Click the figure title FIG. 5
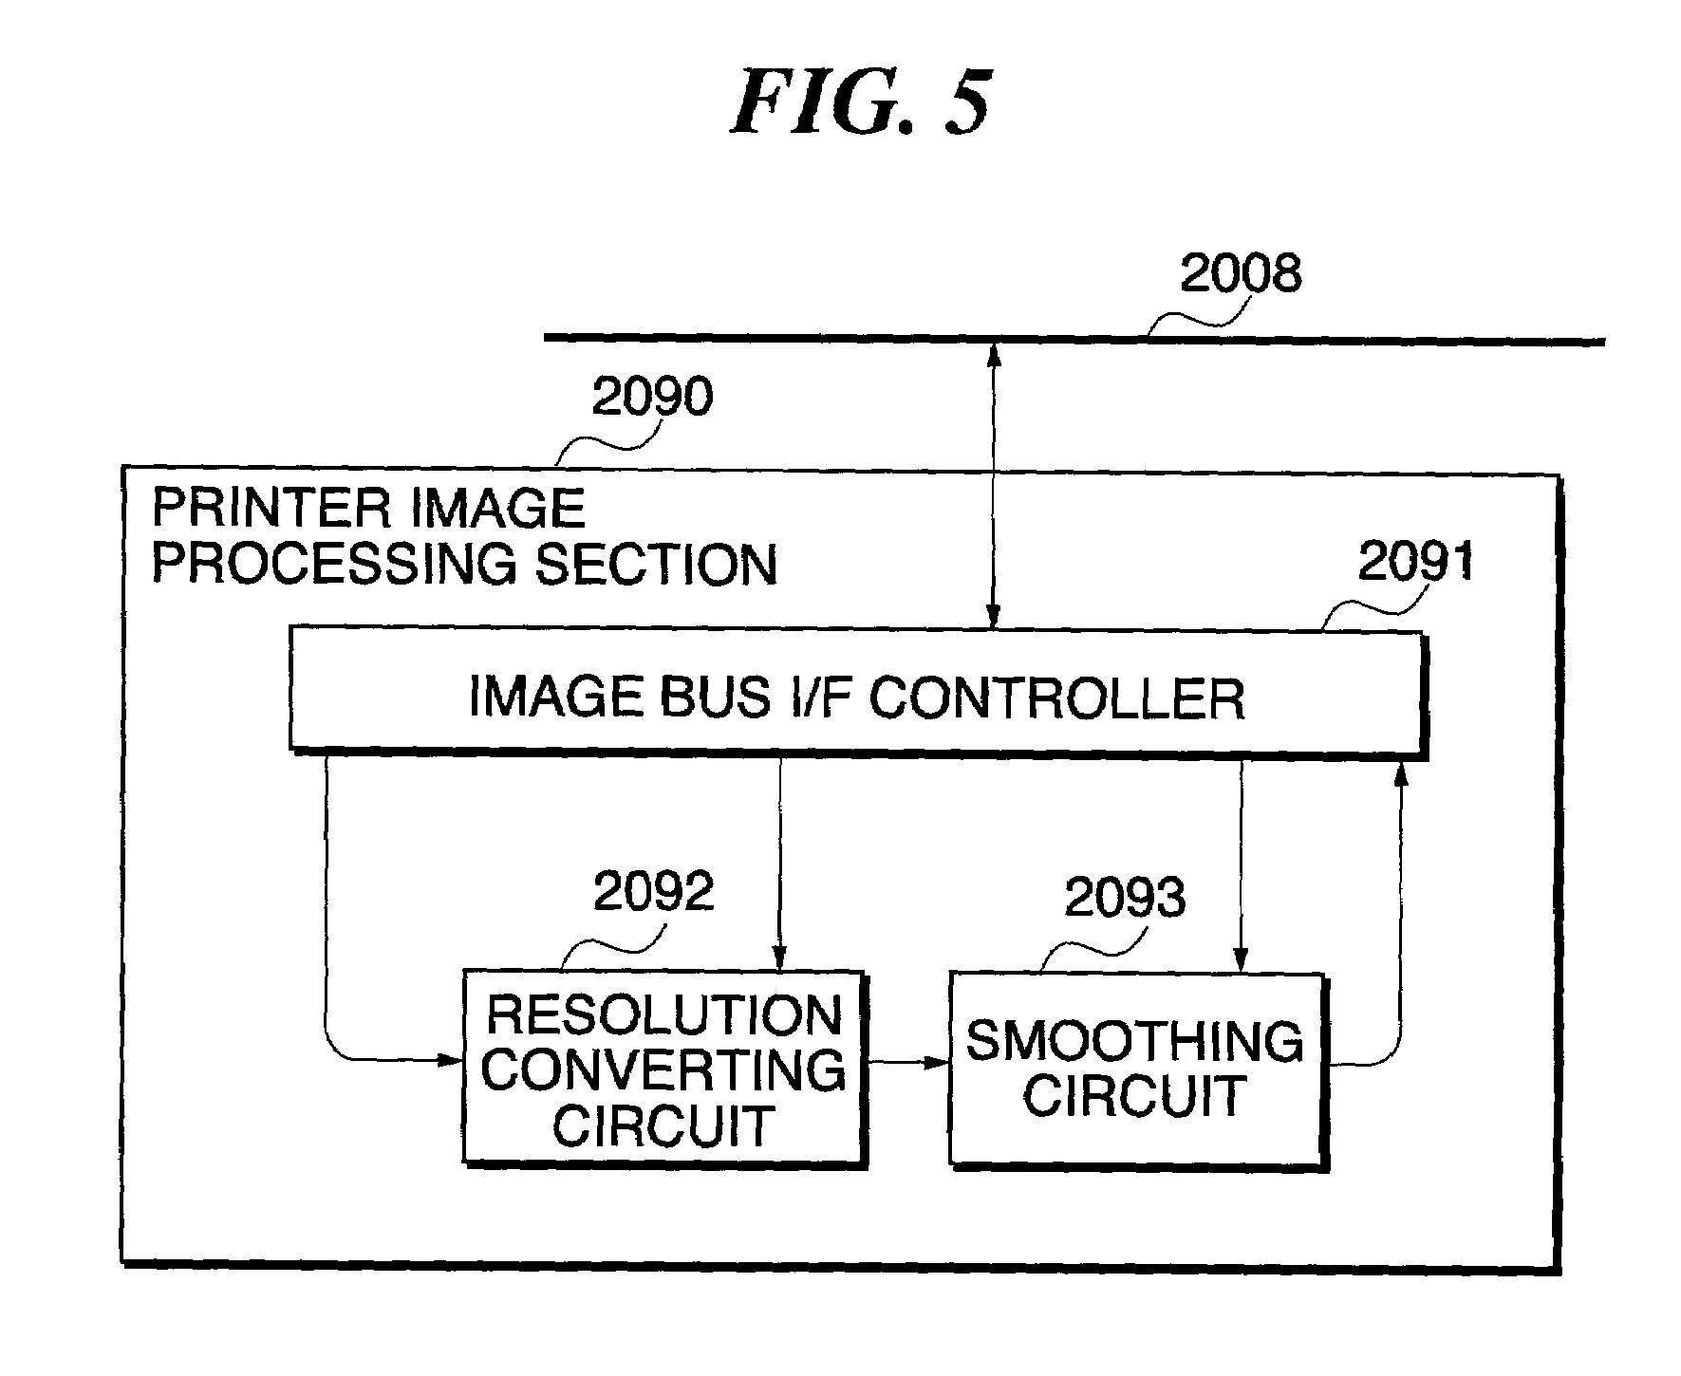click(x=861, y=102)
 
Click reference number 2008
click(x=1240, y=274)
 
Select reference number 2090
click(x=652, y=397)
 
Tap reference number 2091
click(x=1415, y=562)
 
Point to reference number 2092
click(x=654, y=891)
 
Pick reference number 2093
click(x=1125, y=897)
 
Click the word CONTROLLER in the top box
click(x=1056, y=697)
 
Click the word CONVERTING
click(x=663, y=1069)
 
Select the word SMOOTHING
click(x=1135, y=1041)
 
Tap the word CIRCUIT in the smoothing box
click(x=1134, y=1096)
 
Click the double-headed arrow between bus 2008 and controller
click(x=994, y=485)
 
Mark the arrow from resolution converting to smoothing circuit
click(x=909, y=1063)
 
